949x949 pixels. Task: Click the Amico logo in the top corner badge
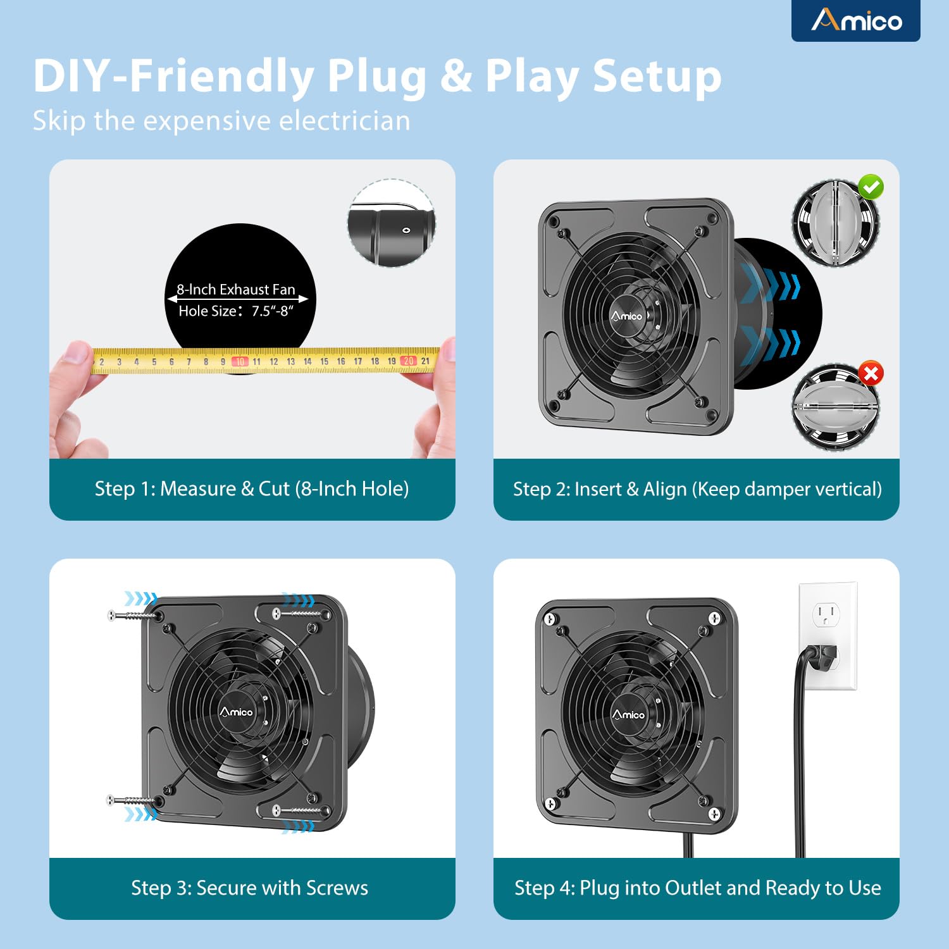point(856,21)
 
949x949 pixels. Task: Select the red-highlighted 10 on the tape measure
point(240,362)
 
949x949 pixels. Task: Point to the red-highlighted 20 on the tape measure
point(408,361)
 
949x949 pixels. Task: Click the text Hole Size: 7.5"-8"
point(236,311)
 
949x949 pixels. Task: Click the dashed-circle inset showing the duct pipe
point(392,223)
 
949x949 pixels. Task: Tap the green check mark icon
point(871,187)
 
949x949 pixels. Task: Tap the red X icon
point(871,373)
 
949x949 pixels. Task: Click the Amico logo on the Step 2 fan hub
point(626,316)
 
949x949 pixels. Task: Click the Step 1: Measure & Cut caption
point(252,489)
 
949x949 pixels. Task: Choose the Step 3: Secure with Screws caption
point(249,888)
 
